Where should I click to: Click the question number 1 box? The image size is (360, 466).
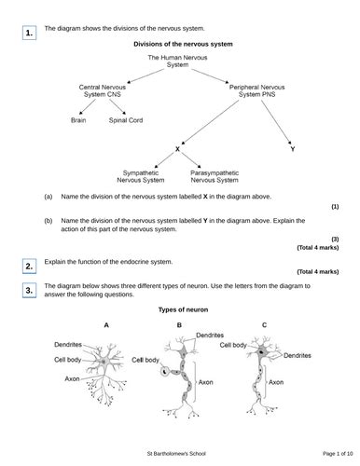coord(29,33)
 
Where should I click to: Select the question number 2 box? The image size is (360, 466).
coord(29,267)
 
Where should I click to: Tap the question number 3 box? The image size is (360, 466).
coord(29,291)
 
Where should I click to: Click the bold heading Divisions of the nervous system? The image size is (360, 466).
coord(183,44)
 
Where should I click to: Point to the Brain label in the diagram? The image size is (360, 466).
coord(78,120)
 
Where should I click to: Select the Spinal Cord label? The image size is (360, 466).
coord(126,120)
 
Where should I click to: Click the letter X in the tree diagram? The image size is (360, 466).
coord(177,149)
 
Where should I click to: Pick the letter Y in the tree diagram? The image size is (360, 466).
coord(293,149)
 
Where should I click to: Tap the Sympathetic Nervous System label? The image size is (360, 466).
coord(141,176)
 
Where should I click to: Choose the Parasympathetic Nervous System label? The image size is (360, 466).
coord(215,176)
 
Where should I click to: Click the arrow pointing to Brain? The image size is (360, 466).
coord(88,106)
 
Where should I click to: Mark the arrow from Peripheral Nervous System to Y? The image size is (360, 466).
coord(276,122)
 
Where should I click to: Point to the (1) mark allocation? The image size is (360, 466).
coord(335,207)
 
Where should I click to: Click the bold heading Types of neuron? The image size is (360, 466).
coord(183,309)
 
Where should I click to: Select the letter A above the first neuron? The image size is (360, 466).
coord(106,325)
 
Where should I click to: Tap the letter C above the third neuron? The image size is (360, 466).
coord(264,325)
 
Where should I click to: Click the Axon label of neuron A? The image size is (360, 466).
coord(72,378)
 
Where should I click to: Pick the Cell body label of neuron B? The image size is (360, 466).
coord(145,360)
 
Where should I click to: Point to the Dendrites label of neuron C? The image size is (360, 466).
coord(298,355)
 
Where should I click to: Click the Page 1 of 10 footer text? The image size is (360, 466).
coord(338,454)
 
